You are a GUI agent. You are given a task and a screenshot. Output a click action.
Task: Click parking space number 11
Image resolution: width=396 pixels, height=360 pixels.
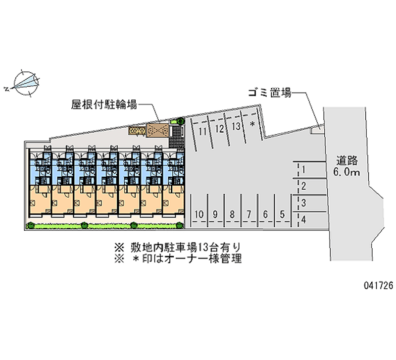202,132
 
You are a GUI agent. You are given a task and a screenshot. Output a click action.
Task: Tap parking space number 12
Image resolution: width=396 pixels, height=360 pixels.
219,129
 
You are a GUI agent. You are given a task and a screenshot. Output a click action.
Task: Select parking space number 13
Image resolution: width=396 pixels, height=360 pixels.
236,126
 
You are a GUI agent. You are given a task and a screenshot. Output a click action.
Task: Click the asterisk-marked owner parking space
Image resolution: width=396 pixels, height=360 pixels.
252,124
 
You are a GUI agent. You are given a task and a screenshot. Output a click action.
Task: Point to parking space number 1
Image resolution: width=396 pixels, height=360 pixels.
303,169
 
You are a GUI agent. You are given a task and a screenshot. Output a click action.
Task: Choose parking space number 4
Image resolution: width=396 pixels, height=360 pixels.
303,219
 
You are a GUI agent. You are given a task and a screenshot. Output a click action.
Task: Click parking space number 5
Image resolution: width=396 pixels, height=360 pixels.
282,214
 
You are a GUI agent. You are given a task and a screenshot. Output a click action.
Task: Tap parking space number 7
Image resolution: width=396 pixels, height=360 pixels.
249,214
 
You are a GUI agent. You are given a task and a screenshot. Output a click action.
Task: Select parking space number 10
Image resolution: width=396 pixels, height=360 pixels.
199,214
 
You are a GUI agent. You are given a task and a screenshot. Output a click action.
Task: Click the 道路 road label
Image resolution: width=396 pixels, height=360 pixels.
347,160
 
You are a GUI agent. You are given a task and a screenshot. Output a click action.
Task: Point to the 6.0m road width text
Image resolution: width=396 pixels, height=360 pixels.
346,172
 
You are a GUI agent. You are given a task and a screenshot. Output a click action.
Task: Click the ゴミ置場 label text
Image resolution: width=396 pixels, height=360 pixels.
270,93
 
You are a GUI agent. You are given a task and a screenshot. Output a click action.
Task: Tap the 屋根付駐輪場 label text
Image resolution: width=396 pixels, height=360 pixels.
104,104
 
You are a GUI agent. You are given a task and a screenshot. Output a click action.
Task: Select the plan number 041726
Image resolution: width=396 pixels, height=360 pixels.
378,285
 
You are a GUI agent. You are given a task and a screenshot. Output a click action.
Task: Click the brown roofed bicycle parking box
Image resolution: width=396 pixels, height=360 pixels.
158,130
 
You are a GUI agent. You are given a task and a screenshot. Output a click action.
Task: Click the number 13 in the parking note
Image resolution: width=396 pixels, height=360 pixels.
203,247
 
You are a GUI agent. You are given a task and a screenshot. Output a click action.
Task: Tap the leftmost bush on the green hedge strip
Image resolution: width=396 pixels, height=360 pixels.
31,225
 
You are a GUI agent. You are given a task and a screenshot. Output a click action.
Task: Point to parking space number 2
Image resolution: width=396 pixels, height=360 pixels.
303,186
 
